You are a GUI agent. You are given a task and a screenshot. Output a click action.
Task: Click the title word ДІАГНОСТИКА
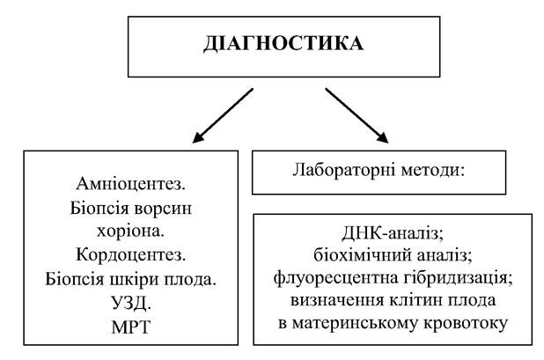(x=283, y=43)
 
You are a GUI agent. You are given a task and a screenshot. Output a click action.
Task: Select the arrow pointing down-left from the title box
(x=223, y=115)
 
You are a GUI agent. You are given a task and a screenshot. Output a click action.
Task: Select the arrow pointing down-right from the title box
(x=357, y=115)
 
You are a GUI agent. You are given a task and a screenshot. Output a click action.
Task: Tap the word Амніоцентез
(x=131, y=184)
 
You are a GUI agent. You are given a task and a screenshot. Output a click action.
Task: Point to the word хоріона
(x=131, y=231)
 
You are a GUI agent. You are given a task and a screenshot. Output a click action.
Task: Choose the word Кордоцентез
(x=131, y=255)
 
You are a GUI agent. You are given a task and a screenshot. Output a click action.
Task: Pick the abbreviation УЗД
(x=131, y=303)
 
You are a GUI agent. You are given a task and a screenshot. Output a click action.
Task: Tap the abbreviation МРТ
(x=131, y=327)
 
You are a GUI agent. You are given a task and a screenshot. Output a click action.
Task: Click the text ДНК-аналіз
(x=393, y=234)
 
